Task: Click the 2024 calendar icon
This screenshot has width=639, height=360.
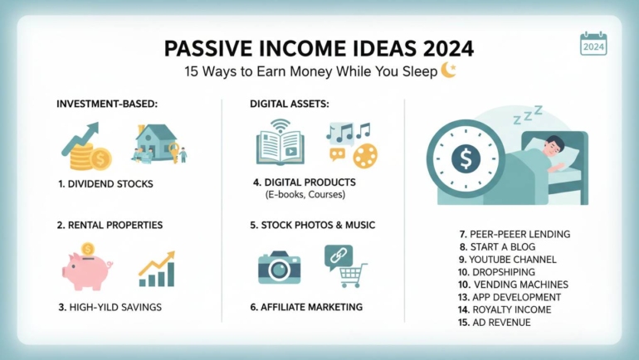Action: click(x=593, y=45)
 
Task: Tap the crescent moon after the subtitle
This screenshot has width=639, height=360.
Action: click(x=449, y=71)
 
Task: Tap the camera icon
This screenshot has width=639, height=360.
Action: click(x=279, y=266)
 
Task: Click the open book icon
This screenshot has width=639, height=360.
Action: click(x=278, y=144)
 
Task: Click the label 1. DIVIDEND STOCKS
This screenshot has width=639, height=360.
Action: click(x=105, y=183)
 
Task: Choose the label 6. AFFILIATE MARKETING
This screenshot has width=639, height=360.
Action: click(x=306, y=307)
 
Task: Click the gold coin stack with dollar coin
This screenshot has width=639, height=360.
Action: click(x=85, y=155)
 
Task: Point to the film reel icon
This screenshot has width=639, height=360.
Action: click(x=364, y=154)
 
